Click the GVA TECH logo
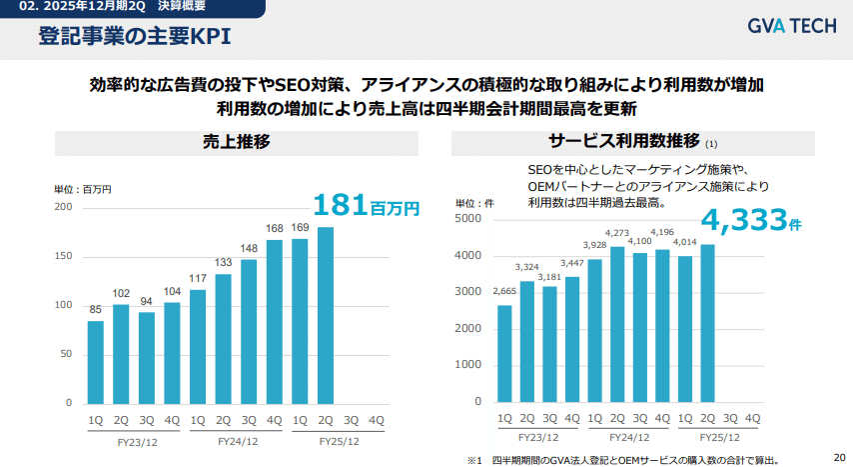coord(791,27)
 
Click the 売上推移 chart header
coord(236,141)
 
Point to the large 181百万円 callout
coord(366,206)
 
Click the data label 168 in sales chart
coord(275,228)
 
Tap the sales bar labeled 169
coord(300,320)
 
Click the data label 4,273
coord(616,234)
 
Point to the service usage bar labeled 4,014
coord(685,329)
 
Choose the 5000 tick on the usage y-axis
coord(468,219)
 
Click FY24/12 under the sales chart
coord(237,439)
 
